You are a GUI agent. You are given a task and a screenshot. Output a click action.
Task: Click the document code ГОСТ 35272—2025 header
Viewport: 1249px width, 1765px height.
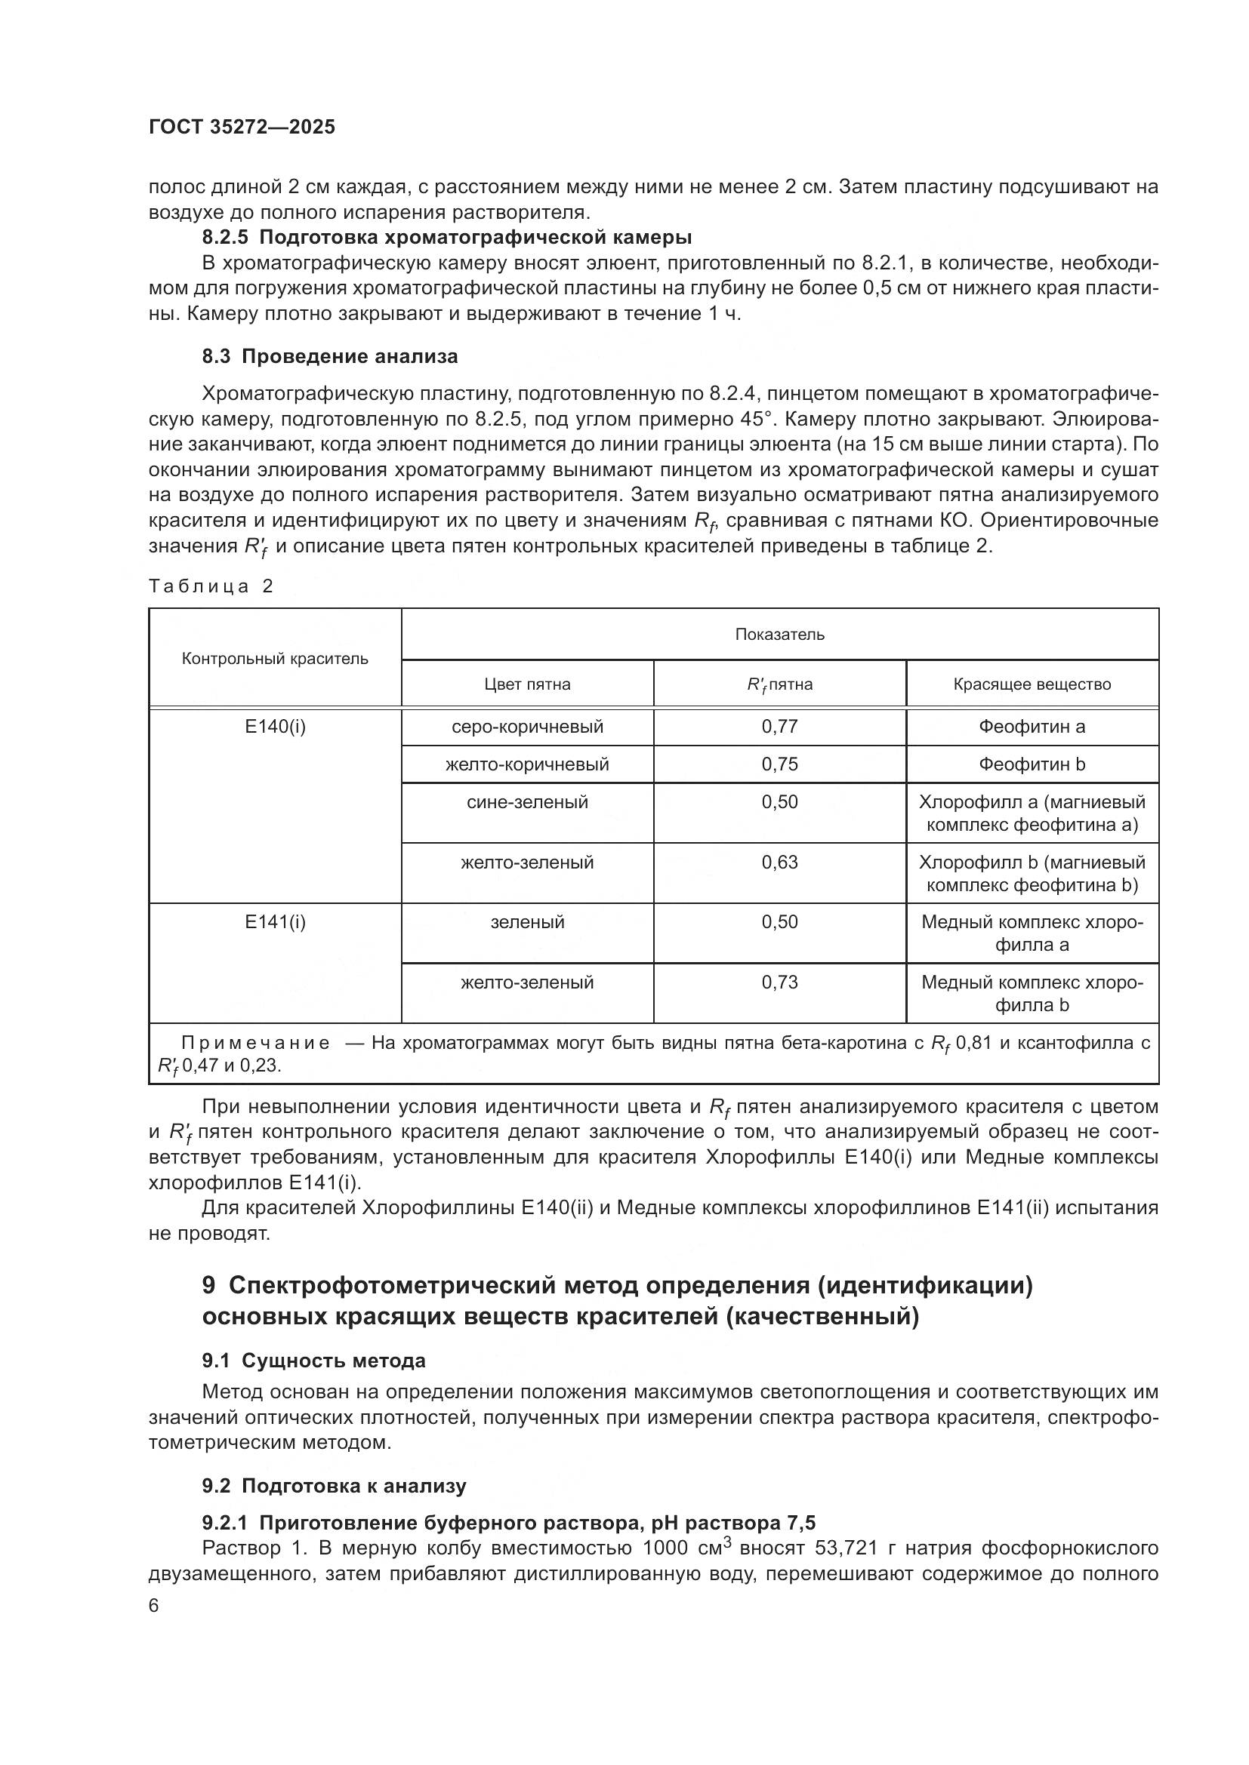click(x=242, y=127)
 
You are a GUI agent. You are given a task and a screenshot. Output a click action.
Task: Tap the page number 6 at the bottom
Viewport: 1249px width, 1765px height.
click(x=154, y=1606)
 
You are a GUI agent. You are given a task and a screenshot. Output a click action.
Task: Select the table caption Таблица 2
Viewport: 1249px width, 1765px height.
click(x=211, y=586)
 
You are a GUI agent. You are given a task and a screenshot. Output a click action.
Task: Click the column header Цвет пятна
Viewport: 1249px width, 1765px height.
click(x=527, y=684)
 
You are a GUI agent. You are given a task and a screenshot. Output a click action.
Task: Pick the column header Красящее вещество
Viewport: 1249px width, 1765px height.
click(x=1032, y=684)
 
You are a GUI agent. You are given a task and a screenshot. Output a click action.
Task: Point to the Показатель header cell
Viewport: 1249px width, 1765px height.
click(x=779, y=634)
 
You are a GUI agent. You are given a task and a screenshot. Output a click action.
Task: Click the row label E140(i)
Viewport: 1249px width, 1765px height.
click(x=275, y=727)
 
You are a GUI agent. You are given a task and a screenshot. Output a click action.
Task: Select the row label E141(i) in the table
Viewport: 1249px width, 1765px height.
click(x=275, y=921)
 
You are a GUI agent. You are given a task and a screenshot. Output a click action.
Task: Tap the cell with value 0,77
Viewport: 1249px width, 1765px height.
click(x=779, y=727)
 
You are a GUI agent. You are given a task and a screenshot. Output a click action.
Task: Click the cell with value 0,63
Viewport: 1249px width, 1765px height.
click(x=779, y=862)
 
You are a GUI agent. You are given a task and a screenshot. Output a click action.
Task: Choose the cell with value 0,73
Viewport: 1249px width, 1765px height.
click(x=779, y=982)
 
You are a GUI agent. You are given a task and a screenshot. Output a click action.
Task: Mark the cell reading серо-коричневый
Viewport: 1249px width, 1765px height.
click(x=527, y=727)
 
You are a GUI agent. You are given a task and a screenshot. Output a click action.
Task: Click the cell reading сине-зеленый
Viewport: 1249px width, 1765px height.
click(x=527, y=802)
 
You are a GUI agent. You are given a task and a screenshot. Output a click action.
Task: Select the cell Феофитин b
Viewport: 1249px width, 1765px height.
click(x=1032, y=764)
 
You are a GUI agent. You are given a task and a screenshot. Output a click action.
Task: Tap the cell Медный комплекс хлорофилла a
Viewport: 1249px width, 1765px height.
click(x=1032, y=933)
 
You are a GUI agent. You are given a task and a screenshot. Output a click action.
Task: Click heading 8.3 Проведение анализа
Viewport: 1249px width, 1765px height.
click(x=330, y=356)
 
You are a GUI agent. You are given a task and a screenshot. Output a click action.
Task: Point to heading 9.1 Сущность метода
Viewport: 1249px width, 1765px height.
click(x=314, y=1361)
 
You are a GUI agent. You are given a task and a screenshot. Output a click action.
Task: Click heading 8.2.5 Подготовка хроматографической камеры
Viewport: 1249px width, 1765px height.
click(x=446, y=238)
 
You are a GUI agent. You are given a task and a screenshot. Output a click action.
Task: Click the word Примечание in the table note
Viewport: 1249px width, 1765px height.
click(x=255, y=1043)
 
